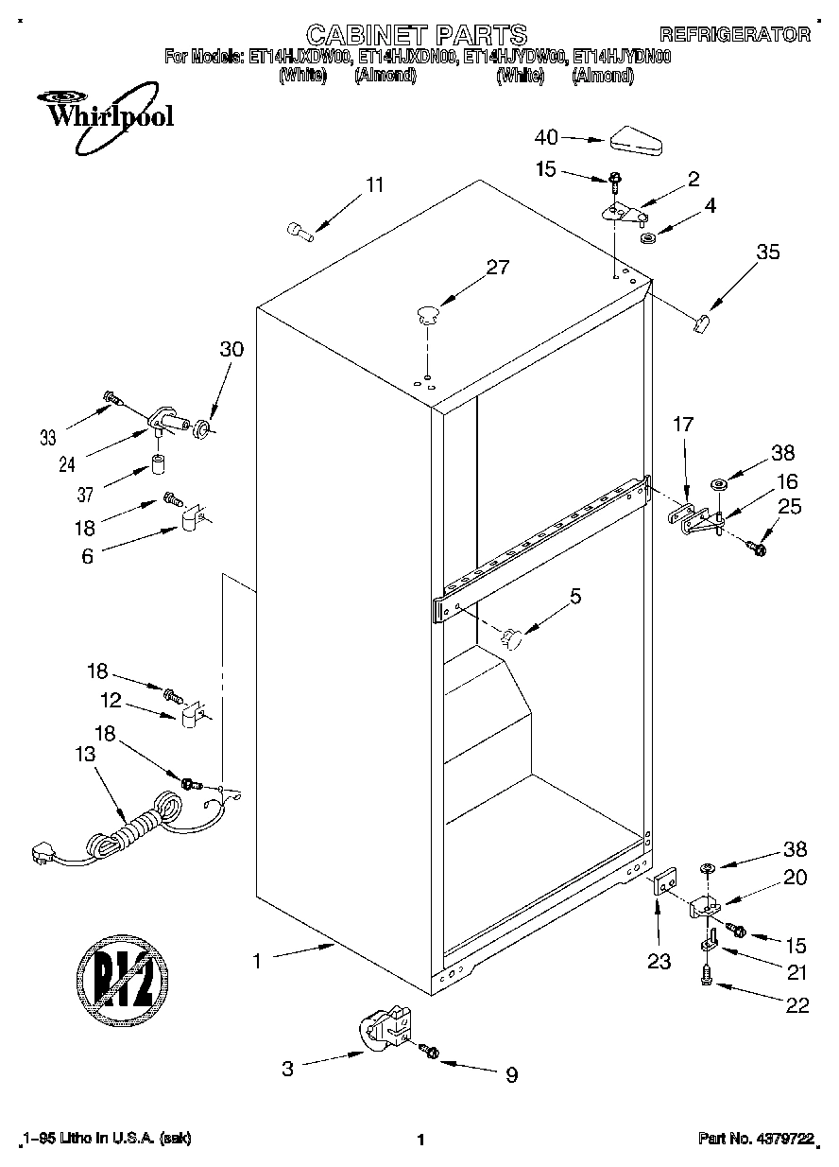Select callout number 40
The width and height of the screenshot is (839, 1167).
[x=547, y=137]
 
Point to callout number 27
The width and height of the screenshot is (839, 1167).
[x=496, y=268]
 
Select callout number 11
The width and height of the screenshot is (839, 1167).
[x=375, y=185]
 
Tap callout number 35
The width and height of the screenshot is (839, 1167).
[x=768, y=252]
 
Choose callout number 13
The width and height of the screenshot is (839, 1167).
[x=84, y=755]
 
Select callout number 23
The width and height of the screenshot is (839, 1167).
[x=659, y=962]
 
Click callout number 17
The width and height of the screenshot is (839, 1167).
[x=683, y=427]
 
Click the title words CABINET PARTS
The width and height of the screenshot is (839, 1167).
[x=417, y=35]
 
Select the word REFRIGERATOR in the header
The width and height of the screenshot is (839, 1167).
[x=734, y=35]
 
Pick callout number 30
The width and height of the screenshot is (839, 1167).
[x=231, y=349]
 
